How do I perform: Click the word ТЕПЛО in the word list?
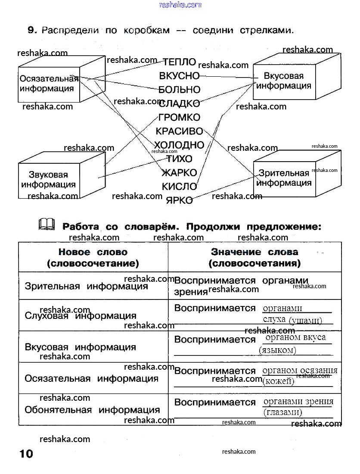click(x=180, y=62)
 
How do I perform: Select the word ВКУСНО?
click(x=180, y=76)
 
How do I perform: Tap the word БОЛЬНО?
click(x=180, y=90)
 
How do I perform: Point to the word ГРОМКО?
click(x=180, y=117)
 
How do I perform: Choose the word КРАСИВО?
click(x=180, y=131)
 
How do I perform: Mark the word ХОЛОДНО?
click(x=179, y=144)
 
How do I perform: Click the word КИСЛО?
click(x=180, y=187)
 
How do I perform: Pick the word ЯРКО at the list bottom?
click(x=180, y=200)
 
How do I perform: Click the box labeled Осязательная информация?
click(x=48, y=84)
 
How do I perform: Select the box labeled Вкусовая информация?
click(x=284, y=81)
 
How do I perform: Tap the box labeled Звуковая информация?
click(x=48, y=180)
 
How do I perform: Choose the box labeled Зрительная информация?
click(x=284, y=178)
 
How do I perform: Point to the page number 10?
click(x=26, y=454)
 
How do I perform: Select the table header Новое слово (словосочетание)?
click(x=93, y=257)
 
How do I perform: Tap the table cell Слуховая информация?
click(x=81, y=316)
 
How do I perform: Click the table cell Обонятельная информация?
click(x=92, y=410)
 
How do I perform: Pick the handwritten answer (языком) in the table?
click(x=278, y=350)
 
